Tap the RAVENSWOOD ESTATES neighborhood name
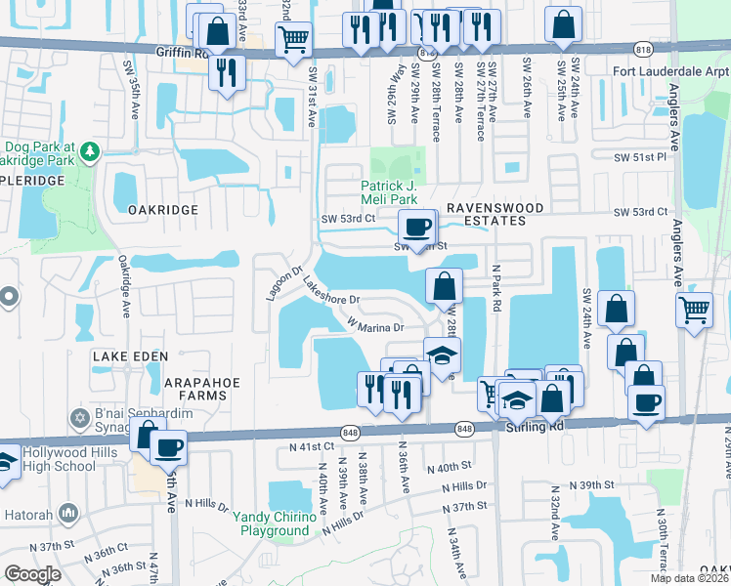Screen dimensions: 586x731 (x=486, y=215)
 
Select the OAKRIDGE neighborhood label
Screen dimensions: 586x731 (x=162, y=209)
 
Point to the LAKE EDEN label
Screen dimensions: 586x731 (x=130, y=357)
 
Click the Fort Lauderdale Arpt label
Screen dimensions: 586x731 (x=670, y=71)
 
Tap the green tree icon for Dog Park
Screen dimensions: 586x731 (x=90, y=151)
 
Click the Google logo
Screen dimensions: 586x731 (x=32, y=574)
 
